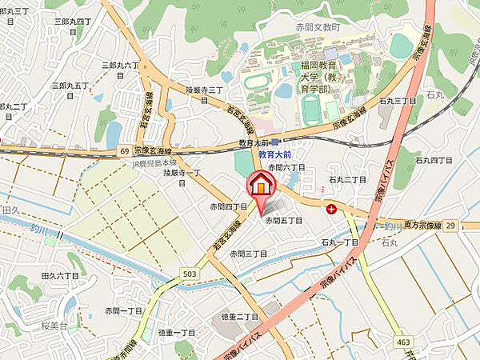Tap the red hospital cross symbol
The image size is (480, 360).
pyautogui.click(x=332, y=209)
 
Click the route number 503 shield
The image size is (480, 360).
pyautogui.click(x=189, y=274)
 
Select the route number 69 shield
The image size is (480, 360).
pyautogui.click(x=125, y=150)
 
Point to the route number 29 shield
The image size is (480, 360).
pyautogui.click(x=451, y=226)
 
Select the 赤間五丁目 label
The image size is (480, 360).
pyautogui.click(x=284, y=220)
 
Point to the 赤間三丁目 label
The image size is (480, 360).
pyautogui.click(x=248, y=253)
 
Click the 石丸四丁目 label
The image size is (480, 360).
pyautogui.click(x=435, y=160)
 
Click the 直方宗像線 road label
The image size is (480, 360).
pyautogui.click(x=418, y=226)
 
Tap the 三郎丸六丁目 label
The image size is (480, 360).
pyautogui.click(x=121, y=70)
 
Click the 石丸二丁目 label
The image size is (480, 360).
pyautogui.click(x=347, y=181)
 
